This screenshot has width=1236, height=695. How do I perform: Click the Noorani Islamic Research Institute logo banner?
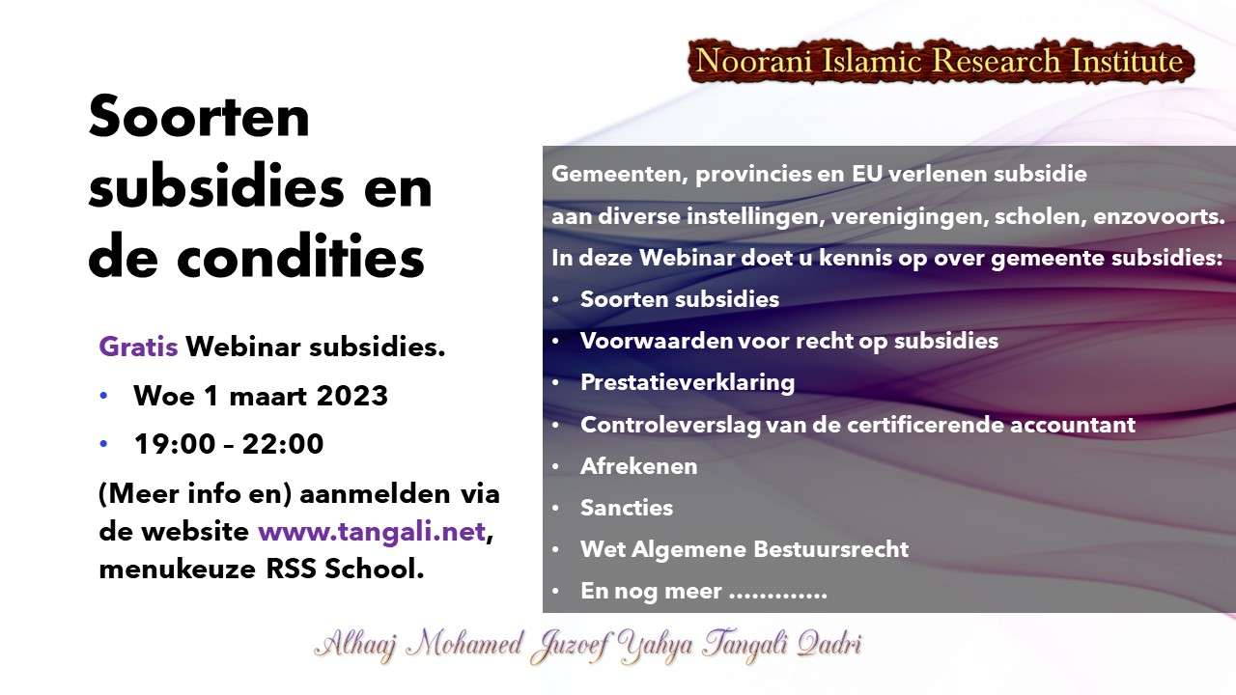click(941, 61)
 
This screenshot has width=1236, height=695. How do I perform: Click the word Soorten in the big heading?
click(199, 117)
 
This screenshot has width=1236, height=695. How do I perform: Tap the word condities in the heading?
click(300, 257)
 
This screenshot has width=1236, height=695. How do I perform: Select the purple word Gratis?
click(138, 347)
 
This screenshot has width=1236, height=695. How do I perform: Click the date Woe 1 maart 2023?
click(261, 396)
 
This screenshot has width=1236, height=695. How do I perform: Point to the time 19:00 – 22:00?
click(229, 444)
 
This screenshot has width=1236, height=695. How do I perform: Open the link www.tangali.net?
click(372, 532)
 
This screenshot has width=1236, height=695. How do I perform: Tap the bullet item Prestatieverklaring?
click(688, 383)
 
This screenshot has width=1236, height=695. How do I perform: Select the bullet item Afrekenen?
click(639, 466)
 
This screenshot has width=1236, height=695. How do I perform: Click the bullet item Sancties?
click(627, 508)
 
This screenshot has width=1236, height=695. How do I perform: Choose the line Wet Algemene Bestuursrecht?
click(744, 549)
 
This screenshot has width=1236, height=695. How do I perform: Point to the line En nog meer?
click(704, 591)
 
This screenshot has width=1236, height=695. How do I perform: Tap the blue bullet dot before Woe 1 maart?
click(103, 396)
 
